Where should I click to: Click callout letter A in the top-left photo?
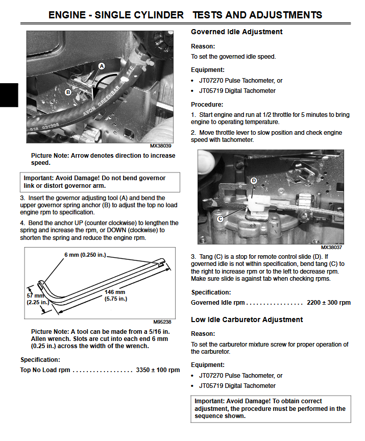[102, 66]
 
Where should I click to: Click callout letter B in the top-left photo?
[68, 92]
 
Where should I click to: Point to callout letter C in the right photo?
[220, 218]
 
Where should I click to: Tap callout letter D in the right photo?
[254, 181]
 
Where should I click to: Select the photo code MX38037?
[332, 247]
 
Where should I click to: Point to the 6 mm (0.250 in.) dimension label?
[86, 255]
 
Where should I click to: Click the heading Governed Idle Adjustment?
[236, 32]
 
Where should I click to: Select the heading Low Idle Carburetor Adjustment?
[247, 320]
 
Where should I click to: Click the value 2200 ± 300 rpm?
[329, 303]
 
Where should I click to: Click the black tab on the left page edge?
[9, 95]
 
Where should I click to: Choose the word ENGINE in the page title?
[68, 15]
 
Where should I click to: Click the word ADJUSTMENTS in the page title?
[281, 15]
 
